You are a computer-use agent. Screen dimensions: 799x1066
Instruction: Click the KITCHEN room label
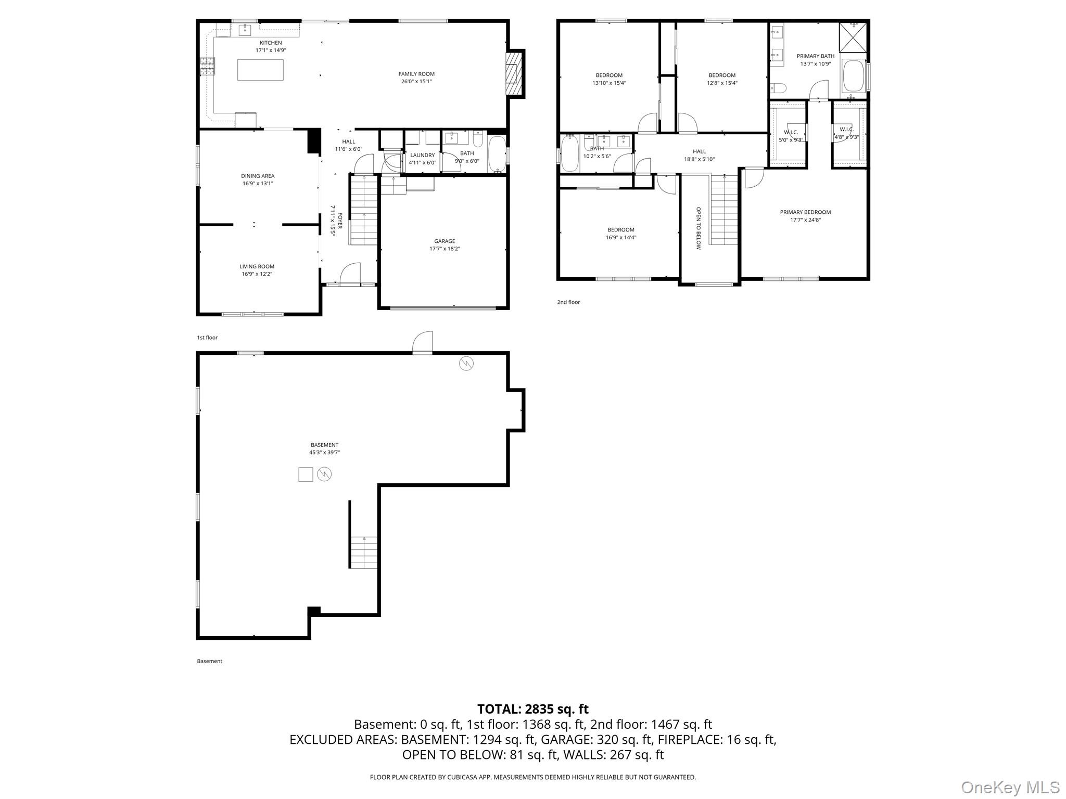pyautogui.click(x=271, y=43)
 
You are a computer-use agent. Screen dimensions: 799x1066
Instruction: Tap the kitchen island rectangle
pyautogui.click(x=260, y=70)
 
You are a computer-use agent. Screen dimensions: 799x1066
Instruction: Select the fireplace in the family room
pyautogui.click(x=514, y=73)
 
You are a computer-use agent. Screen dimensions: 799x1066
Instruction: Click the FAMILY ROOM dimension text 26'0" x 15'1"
pyautogui.click(x=416, y=82)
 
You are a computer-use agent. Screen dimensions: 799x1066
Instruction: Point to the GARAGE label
pyautogui.click(x=445, y=241)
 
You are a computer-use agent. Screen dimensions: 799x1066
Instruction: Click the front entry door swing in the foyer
pyautogui.click(x=350, y=273)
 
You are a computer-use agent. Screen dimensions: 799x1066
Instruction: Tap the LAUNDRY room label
pyautogui.click(x=422, y=155)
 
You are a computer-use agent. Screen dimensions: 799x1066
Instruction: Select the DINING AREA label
pyautogui.click(x=258, y=176)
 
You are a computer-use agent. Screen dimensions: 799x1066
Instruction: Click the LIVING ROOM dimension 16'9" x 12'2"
pyautogui.click(x=257, y=274)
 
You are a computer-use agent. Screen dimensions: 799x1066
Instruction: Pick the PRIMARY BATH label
pyautogui.click(x=815, y=56)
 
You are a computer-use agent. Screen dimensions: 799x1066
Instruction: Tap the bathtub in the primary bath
pyautogui.click(x=854, y=76)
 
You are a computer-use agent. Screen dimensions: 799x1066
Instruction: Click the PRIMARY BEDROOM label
pyautogui.click(x=805, y=212)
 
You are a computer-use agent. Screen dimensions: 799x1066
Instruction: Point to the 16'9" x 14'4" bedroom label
pyautogui.click(x=621, y=238)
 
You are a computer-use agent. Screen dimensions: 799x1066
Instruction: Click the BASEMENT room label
pyautogui.click(x=324, y=445)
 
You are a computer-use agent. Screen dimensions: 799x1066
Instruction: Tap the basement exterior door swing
pyautogui.click(x=423, y=343)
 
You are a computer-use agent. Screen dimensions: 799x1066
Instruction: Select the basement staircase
pyautogui.click(x=363, y=552)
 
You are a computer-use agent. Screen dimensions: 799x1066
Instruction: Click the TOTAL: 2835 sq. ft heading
pyautogui.click(x=532, y=709)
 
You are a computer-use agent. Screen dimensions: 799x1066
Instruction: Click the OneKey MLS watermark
pyautogui.click(x=1010, y=787)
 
